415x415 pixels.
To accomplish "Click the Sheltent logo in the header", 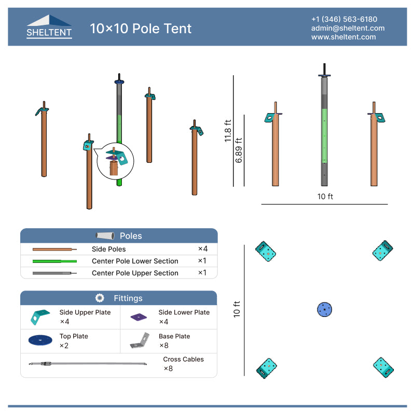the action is tap(49, 27).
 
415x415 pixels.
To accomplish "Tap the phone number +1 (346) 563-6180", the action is tap(344, 19).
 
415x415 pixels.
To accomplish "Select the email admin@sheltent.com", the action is tap(348, 28).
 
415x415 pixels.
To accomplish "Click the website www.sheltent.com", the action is tap(343, 37).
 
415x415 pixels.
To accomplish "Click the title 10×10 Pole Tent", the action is tap(141, 29).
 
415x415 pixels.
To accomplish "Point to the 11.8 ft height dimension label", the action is tap(228, 131).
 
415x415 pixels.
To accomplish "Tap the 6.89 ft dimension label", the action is tap(239, 150).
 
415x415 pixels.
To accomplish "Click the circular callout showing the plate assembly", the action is tap(115, 161).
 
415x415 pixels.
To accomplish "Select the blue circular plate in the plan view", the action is tap(325, 309).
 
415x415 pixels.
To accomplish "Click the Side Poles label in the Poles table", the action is tap(109, 249).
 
